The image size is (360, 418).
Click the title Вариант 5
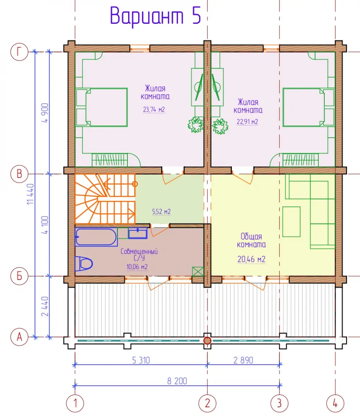pos(155,16)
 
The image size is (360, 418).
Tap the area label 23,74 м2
pos(154,109)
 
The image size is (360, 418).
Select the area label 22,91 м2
pos(247,122)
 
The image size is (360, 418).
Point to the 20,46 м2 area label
pos(251,259)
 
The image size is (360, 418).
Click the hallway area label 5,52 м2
pos(161,212)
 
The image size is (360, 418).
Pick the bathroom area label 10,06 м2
pos(137,267)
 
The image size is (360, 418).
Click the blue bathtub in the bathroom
pos(96,237)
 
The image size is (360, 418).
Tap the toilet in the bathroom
pos(84,264)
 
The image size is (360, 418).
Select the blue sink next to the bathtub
pos(138,234)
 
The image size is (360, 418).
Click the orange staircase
pos(105,199)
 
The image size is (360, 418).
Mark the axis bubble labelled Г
pos(19,51)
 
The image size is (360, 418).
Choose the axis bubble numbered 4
pos(335,403)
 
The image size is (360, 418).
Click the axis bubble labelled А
pos(19,337)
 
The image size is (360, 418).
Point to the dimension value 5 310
pos(141,360)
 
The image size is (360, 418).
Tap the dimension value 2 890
pos(243,360)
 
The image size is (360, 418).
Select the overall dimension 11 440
pos(31,194)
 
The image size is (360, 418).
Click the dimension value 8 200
pos(177,381)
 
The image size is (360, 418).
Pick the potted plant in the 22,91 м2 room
pos(220,126)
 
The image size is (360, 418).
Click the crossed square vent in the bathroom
pos(198,272)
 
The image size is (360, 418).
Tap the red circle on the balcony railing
pos(207,340)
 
